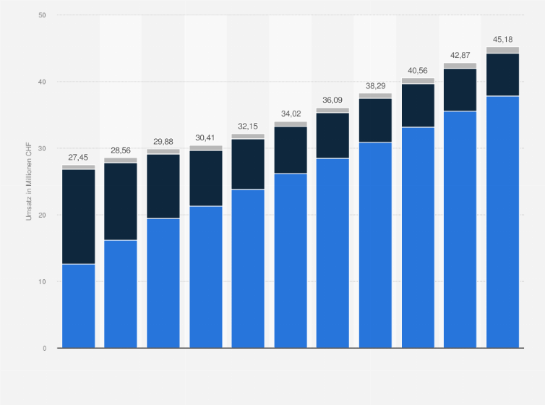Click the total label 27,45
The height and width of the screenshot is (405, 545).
pos(78,157)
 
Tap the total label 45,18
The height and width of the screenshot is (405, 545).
pos(502,38)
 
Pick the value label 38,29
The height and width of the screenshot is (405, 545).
pos(375,85)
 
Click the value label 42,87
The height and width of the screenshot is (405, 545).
pos(460,55)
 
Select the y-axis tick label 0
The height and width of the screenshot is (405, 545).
pos(44,348)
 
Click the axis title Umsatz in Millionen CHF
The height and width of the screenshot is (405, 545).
pos(30,182)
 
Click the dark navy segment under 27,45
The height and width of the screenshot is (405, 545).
pos(78,216)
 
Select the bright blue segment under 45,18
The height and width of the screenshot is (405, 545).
pos(502,221)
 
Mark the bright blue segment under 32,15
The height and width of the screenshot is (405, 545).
pos(248,268)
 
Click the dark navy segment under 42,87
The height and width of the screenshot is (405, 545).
pos(460,90)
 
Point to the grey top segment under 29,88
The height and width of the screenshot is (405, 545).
pos(163,152)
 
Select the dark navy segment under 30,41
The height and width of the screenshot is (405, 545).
pos(205,178)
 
